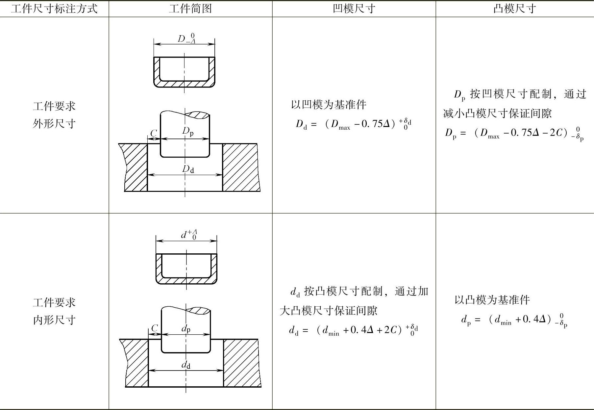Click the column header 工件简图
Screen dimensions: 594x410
(190, 9)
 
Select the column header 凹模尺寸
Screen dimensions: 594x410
(354, 9)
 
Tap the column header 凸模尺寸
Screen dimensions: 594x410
(515, 9)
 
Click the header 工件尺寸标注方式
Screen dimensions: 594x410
(54, 9)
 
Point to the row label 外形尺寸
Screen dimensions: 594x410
(54, 124)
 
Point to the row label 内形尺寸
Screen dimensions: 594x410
(54, 320)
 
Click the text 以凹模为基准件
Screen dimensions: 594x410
(329, 105)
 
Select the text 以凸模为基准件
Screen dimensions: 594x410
(492, 300)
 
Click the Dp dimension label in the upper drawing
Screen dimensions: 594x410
(188, 131)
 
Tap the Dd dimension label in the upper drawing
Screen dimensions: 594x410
(188, 169)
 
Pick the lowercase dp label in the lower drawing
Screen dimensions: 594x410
(186, 328)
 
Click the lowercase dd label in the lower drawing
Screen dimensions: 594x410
(186, 365)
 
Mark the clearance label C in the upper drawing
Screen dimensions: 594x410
(154, 133)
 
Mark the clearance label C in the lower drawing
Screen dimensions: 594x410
(155, 328)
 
